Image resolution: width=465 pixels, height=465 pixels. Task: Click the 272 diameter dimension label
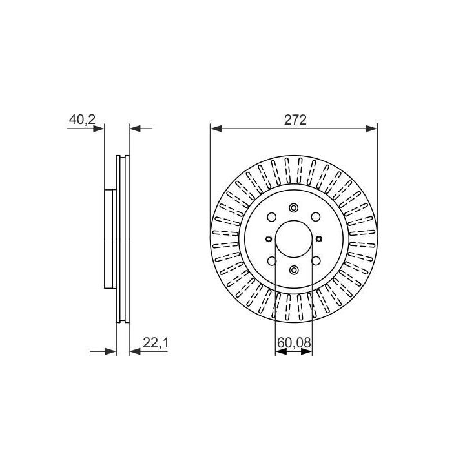coord(295,120)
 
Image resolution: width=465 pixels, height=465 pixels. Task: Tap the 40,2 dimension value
coord(82,120)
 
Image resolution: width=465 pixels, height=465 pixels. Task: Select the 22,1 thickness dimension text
coord(156,343)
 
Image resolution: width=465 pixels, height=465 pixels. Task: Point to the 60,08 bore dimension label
coord(294,343)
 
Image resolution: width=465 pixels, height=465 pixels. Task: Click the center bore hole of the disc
coord(294,239)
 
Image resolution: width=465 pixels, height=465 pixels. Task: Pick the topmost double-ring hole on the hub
coord(294,207)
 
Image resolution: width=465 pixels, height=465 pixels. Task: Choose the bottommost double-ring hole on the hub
coord(294,270)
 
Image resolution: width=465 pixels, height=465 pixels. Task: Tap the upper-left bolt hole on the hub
coord(272,217)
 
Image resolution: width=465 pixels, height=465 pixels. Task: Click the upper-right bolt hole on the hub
coord(316,217)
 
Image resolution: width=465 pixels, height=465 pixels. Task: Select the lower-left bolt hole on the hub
coord(272,261)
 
